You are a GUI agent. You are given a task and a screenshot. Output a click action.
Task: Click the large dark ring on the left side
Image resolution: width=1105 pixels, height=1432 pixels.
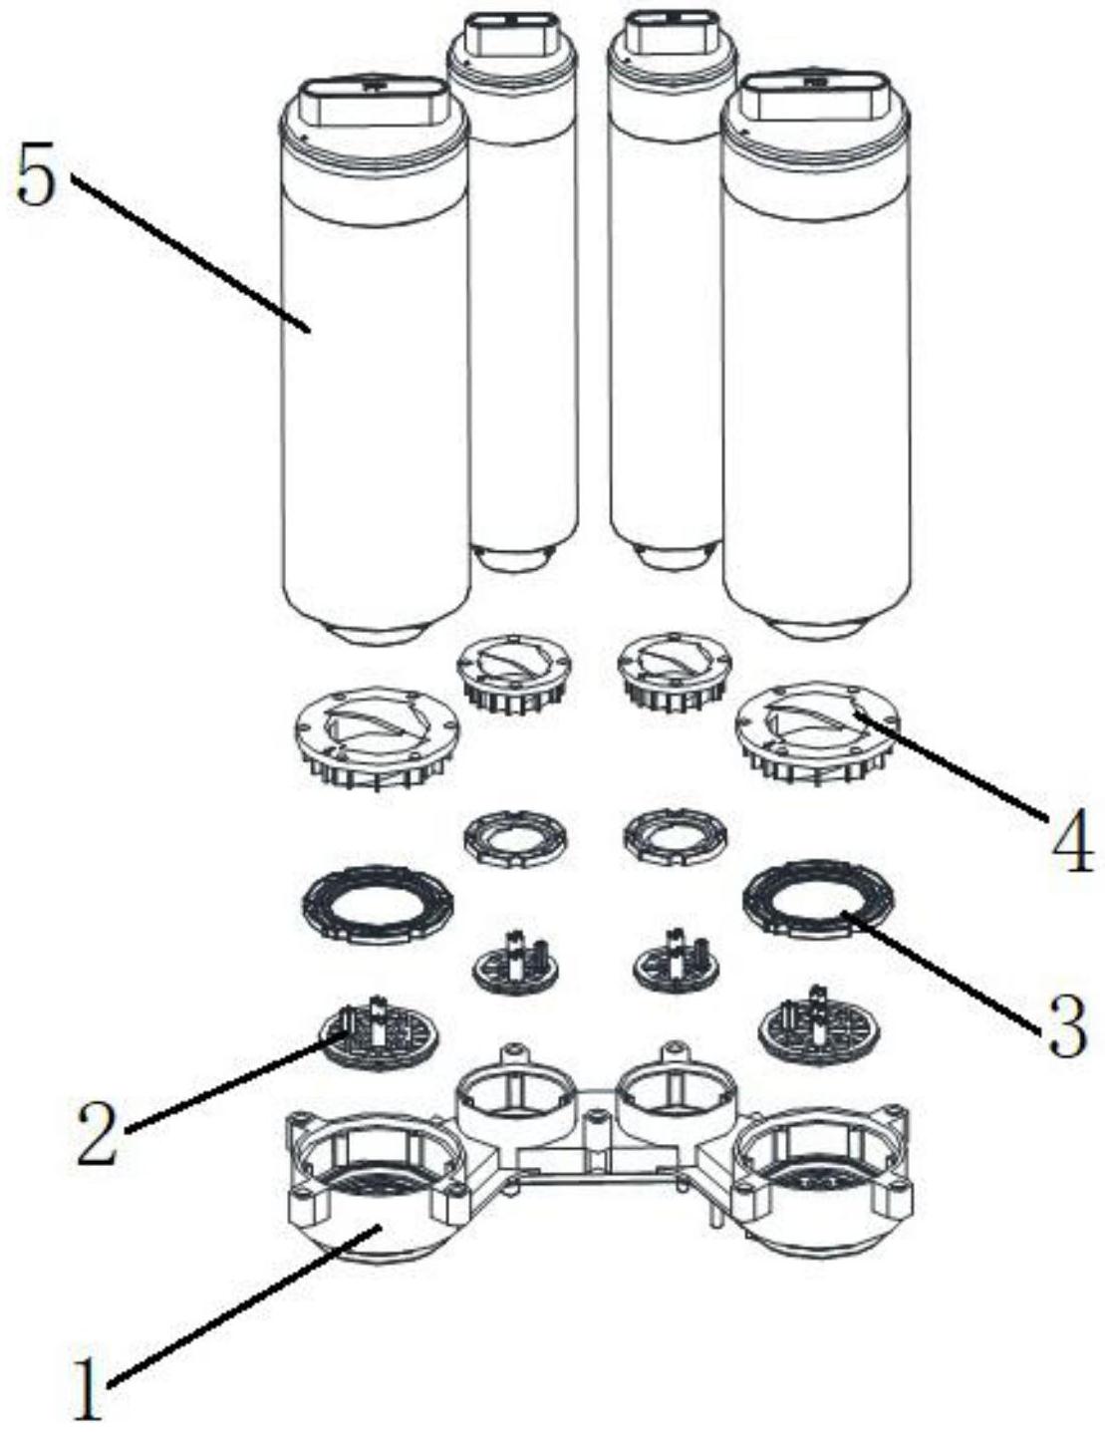378,904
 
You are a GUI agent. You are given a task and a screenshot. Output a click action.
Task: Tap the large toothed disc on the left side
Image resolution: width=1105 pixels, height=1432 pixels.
377,738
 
